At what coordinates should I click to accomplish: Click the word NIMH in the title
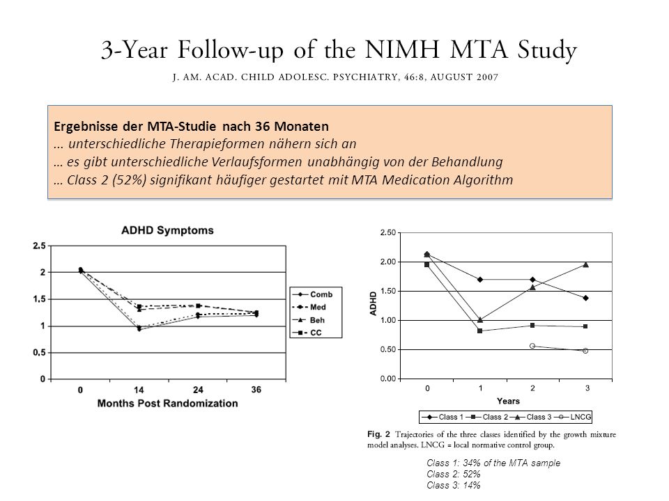pos(402,49)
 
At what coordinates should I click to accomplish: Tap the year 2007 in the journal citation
pos(488,77)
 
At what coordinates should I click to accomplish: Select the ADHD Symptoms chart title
pos(167,230)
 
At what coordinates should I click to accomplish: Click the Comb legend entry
pos(316,294)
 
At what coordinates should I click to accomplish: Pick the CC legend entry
pos(307,333)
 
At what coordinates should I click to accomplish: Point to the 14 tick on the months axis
pos(139,390)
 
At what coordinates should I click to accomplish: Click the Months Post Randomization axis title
pos(168,404)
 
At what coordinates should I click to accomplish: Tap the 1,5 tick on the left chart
pos(39,299)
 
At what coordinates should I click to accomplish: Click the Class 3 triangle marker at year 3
pos(586,264)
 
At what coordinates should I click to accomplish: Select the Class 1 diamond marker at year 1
pos(480,280)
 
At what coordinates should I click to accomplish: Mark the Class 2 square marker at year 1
pos(480,331)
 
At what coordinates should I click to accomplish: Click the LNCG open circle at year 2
pos(532,346)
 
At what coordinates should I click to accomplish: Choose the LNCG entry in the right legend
pos(574,417)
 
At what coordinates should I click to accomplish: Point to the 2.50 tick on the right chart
pos(388,232)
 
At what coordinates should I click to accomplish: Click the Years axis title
pos(508,401)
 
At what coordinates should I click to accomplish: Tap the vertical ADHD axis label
pos(374,303)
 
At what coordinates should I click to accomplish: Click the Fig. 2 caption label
pos(378,434)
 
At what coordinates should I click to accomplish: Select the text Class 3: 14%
pos(454,485)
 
